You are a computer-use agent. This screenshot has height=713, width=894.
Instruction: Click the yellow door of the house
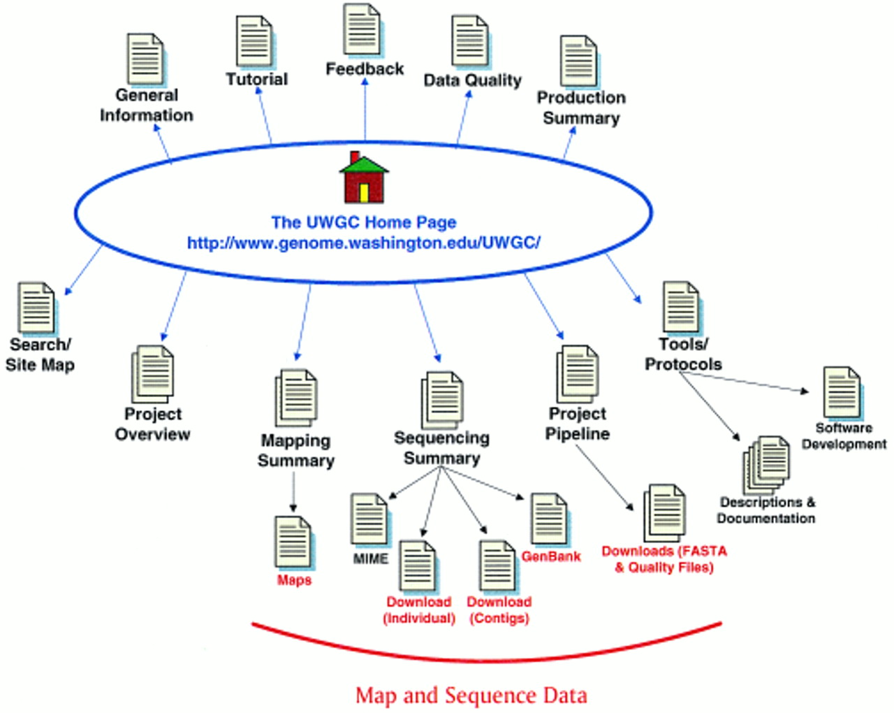pos(365,193)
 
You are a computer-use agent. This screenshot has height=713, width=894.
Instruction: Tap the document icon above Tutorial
pos(256,42)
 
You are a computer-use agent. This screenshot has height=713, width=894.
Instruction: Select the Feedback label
pos(365,69)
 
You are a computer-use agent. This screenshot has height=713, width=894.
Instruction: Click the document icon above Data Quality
pos(471,41)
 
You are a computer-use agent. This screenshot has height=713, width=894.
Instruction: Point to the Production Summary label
pos(581,108)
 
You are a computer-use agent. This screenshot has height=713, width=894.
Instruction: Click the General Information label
pos(147,105)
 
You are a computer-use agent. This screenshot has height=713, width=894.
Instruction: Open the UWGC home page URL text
pos(364,243)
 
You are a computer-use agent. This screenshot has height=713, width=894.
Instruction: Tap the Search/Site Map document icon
pos(38,309)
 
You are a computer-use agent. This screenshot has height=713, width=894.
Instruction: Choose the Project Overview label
pos(153,424)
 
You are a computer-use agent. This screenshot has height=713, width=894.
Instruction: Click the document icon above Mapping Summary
pos(296,398)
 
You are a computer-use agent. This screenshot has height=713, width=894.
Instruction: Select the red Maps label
pos(294,580)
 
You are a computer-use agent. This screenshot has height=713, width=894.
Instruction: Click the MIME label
pos(371,559)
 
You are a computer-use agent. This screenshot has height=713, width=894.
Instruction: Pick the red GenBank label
pos(551,556)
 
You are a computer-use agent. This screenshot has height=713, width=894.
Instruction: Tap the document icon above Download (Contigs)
pos(499,567)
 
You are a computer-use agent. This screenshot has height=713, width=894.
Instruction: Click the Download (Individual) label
pos(419,610)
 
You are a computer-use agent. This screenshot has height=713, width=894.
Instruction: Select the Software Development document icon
pos(843,394)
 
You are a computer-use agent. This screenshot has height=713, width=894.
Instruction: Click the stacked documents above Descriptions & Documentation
pos(766,465)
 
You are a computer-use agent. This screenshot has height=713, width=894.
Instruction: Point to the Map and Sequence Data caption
pos(471,696)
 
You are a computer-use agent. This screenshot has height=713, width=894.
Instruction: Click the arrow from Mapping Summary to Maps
pos(293,492)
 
